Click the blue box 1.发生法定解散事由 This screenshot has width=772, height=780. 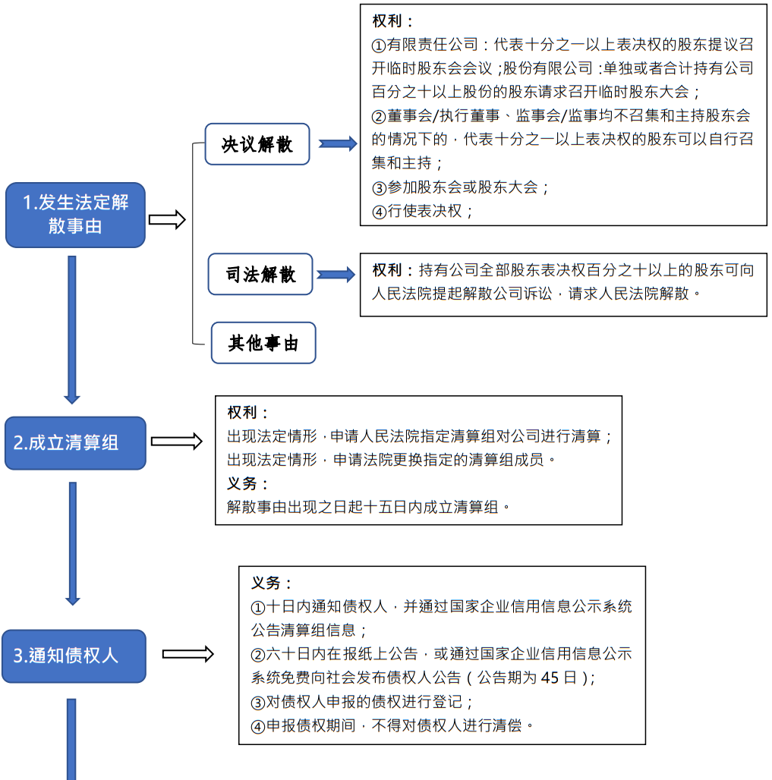[x=75, y=215]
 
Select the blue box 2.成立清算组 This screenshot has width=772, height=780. [x=74, y=443]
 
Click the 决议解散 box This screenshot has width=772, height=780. [x=257, y=144]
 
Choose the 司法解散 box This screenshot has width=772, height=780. [x=260, y=275]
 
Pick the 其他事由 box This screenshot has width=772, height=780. [x=263, y=343]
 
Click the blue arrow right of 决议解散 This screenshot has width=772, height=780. [x=338, y=143]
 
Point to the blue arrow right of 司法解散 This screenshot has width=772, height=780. [x=336, y=275]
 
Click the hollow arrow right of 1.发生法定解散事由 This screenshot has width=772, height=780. [x=167, y=220]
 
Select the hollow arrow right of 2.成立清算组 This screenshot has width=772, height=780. [x=177, y=442]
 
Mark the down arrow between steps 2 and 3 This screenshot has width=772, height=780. [x=72, y=543]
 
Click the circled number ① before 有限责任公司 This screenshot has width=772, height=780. [x=379, y=46]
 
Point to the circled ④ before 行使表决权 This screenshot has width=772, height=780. [x=379, y=212]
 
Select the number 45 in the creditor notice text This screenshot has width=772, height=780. [x=550, y=678]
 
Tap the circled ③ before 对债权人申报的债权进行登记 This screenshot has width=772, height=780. [x=258, y=702]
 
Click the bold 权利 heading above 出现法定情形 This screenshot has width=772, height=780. [x=247, y=413]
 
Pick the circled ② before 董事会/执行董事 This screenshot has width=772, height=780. [x=379, y=116]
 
